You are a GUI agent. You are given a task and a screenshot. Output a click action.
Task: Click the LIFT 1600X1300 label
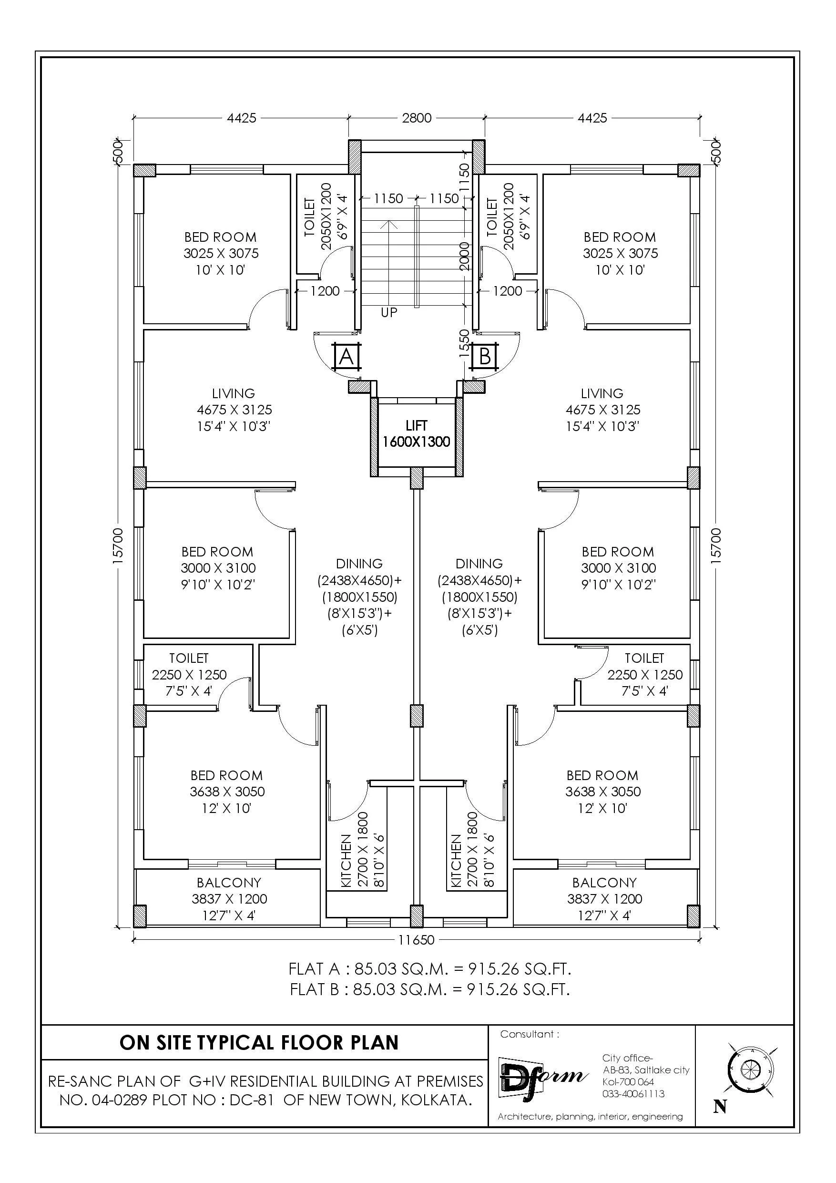pos(416,434)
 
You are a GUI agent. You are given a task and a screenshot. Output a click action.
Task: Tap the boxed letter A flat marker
pos(347,357)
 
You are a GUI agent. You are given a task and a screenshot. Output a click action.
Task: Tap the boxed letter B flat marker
pos(485,357)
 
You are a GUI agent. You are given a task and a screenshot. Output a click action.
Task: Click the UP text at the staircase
pos(389,312)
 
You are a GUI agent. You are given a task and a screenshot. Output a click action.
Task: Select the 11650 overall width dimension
pos(416,940)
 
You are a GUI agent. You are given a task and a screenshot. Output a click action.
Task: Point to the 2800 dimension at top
pos(416,118)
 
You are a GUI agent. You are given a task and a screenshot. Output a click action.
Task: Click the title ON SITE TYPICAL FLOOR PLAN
pos(259,1042)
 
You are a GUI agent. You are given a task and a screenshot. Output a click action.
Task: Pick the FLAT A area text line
pos(429,969)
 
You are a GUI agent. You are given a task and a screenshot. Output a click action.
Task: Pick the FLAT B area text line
pos(429,990)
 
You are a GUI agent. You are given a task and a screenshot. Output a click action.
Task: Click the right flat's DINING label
pos(479,564)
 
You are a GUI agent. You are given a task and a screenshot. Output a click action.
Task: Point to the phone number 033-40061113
pos(633,1094)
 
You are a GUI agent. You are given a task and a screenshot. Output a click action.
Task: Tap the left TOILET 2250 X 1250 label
pos(189,674)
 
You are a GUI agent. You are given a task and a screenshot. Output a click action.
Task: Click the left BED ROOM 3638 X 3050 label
pos(227,792)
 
